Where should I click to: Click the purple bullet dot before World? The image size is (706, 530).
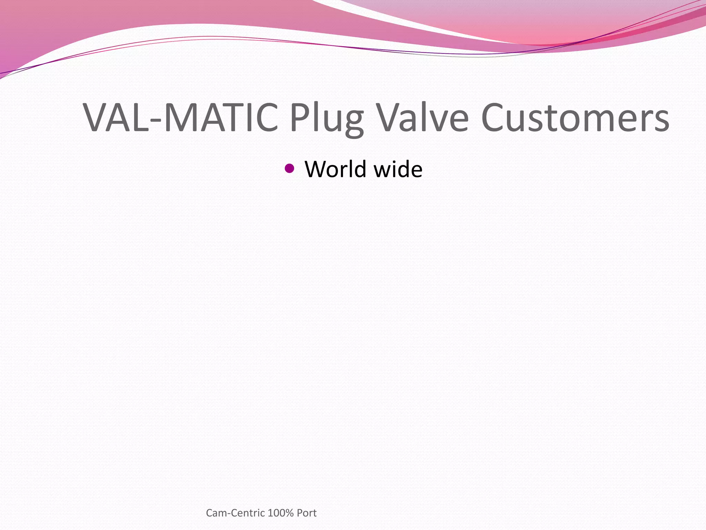coord(290,168)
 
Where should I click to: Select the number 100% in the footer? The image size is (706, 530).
coord(280,513)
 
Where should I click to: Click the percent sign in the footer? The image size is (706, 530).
coord(289,513)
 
